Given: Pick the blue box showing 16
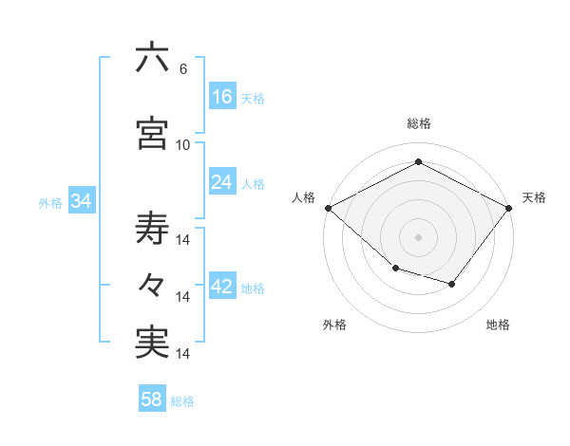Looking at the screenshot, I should pos(222,97).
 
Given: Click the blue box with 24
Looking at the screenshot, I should pos(222,183).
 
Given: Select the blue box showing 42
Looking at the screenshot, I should pos(222,288).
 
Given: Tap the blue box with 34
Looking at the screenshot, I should pos(81,202).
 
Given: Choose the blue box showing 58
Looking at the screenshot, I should pos(152,400).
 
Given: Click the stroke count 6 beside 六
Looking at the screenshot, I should pos(182,69).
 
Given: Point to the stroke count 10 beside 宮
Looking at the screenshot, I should pos(183,144).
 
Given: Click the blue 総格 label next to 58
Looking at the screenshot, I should pos(182,401).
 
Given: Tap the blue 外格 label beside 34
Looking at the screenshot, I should pos(50,203).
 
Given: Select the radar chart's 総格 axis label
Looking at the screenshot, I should pos(419,123).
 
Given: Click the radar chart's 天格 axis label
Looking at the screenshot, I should pos(534,197).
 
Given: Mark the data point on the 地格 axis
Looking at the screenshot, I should pos(452,284).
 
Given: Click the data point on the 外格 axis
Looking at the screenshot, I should pos(395,269).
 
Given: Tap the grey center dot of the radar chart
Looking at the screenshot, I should pos(419,237).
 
